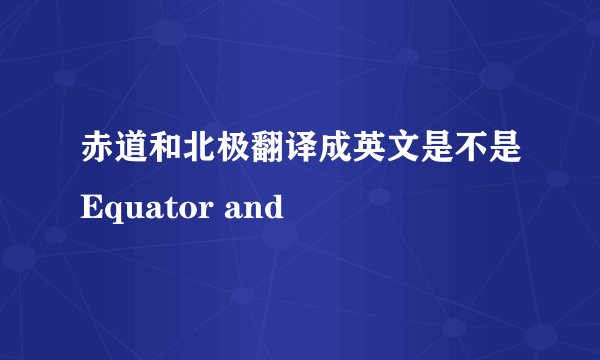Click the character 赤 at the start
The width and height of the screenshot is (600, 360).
click(99, 151)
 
